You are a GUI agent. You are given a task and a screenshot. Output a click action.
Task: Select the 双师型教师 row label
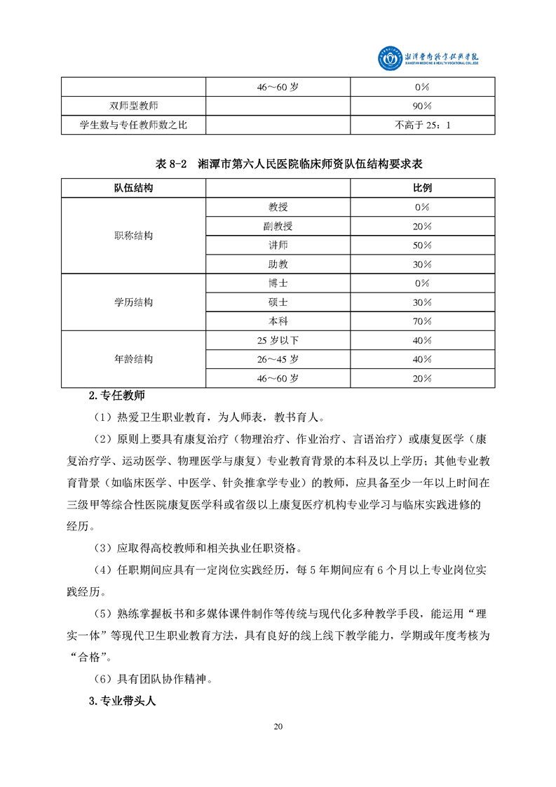(x=133, y=107)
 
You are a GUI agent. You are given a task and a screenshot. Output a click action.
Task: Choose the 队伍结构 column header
(x=133, y=189)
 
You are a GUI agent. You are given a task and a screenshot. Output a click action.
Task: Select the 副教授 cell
(x=278, y=226)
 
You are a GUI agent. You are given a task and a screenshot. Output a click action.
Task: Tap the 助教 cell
(x=278, y=264)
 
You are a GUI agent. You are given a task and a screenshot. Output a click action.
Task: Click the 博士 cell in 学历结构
(x=278, y=283)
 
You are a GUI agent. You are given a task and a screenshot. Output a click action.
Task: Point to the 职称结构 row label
(x=133, y=236)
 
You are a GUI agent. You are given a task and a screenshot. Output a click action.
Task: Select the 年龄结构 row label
(x=133, y=359)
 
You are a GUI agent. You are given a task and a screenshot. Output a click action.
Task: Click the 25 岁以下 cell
(x=278, y=340)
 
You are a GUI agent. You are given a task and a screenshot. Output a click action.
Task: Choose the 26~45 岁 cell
(x=278, y=359)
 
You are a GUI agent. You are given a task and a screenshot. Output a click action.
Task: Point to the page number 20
(x=278, y=726)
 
